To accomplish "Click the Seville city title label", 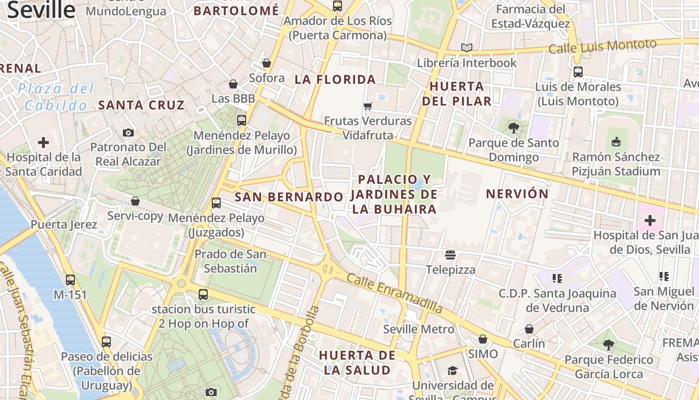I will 41,10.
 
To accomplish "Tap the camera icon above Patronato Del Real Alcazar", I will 128,132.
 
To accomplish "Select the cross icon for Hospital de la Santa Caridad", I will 43,142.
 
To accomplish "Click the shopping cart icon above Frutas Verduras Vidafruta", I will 368,106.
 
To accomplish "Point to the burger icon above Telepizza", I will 450,255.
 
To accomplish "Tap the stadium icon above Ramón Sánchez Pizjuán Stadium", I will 616,142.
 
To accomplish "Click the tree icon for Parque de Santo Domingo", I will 513,128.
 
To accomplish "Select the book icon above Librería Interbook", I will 467,48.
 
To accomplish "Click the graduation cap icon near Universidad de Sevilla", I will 452,370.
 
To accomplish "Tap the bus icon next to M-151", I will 70,280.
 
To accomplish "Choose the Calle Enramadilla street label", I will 394,293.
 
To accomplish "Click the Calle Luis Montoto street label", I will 602,46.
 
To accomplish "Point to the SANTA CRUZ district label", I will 141,105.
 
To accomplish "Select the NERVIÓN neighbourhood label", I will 517,194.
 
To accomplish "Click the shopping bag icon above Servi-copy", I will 135,201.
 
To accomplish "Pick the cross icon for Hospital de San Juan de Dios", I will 650,220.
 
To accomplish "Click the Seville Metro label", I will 418,329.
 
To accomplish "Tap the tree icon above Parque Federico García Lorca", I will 608,344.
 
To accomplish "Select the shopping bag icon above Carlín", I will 529,329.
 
